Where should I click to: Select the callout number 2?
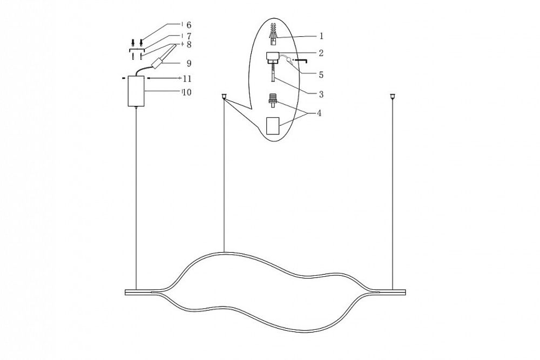tap(321, 53)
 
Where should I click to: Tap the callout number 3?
tap(321, 94)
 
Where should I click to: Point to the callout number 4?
tap(321, 113)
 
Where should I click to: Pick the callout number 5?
tap(321, 74)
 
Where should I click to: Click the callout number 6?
tap(188, 25)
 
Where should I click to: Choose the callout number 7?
tap(188, 36)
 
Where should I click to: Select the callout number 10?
tap(187, 92)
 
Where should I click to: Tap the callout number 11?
tap(187, 79)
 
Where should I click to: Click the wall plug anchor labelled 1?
tap(274, 34)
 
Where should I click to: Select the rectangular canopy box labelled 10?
tap(136, 91)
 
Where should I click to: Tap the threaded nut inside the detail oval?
tap(273, 101)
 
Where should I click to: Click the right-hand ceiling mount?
tap(392, 97)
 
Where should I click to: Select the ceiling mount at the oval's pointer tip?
tap(224, 97)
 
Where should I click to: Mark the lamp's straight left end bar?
tap(139, 292)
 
